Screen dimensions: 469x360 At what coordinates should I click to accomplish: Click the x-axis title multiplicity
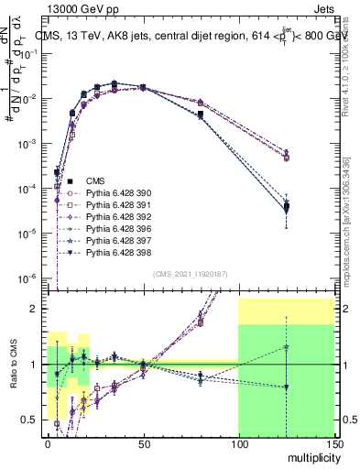click(x=309, y=456)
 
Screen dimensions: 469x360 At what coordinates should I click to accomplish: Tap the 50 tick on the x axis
click(x=142, y=443)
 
